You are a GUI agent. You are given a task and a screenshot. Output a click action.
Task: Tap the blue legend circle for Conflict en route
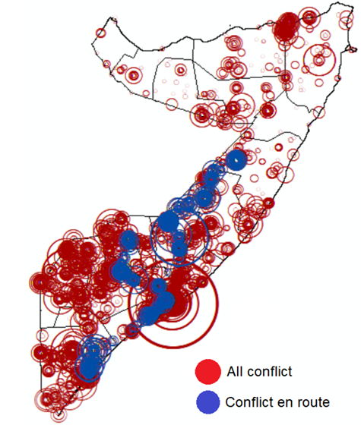pos(207,401)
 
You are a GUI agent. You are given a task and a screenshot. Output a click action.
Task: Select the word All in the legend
pos(236,373)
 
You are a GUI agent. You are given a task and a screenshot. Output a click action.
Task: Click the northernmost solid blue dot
pos(236,160)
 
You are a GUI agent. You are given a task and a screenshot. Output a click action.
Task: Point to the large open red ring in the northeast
pos(318,58)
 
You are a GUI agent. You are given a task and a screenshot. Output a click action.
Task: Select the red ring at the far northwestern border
pos(100,33)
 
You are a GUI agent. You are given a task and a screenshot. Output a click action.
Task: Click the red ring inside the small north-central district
pos(181,69)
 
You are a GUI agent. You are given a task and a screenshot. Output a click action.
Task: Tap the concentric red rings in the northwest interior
pos(134,75)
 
